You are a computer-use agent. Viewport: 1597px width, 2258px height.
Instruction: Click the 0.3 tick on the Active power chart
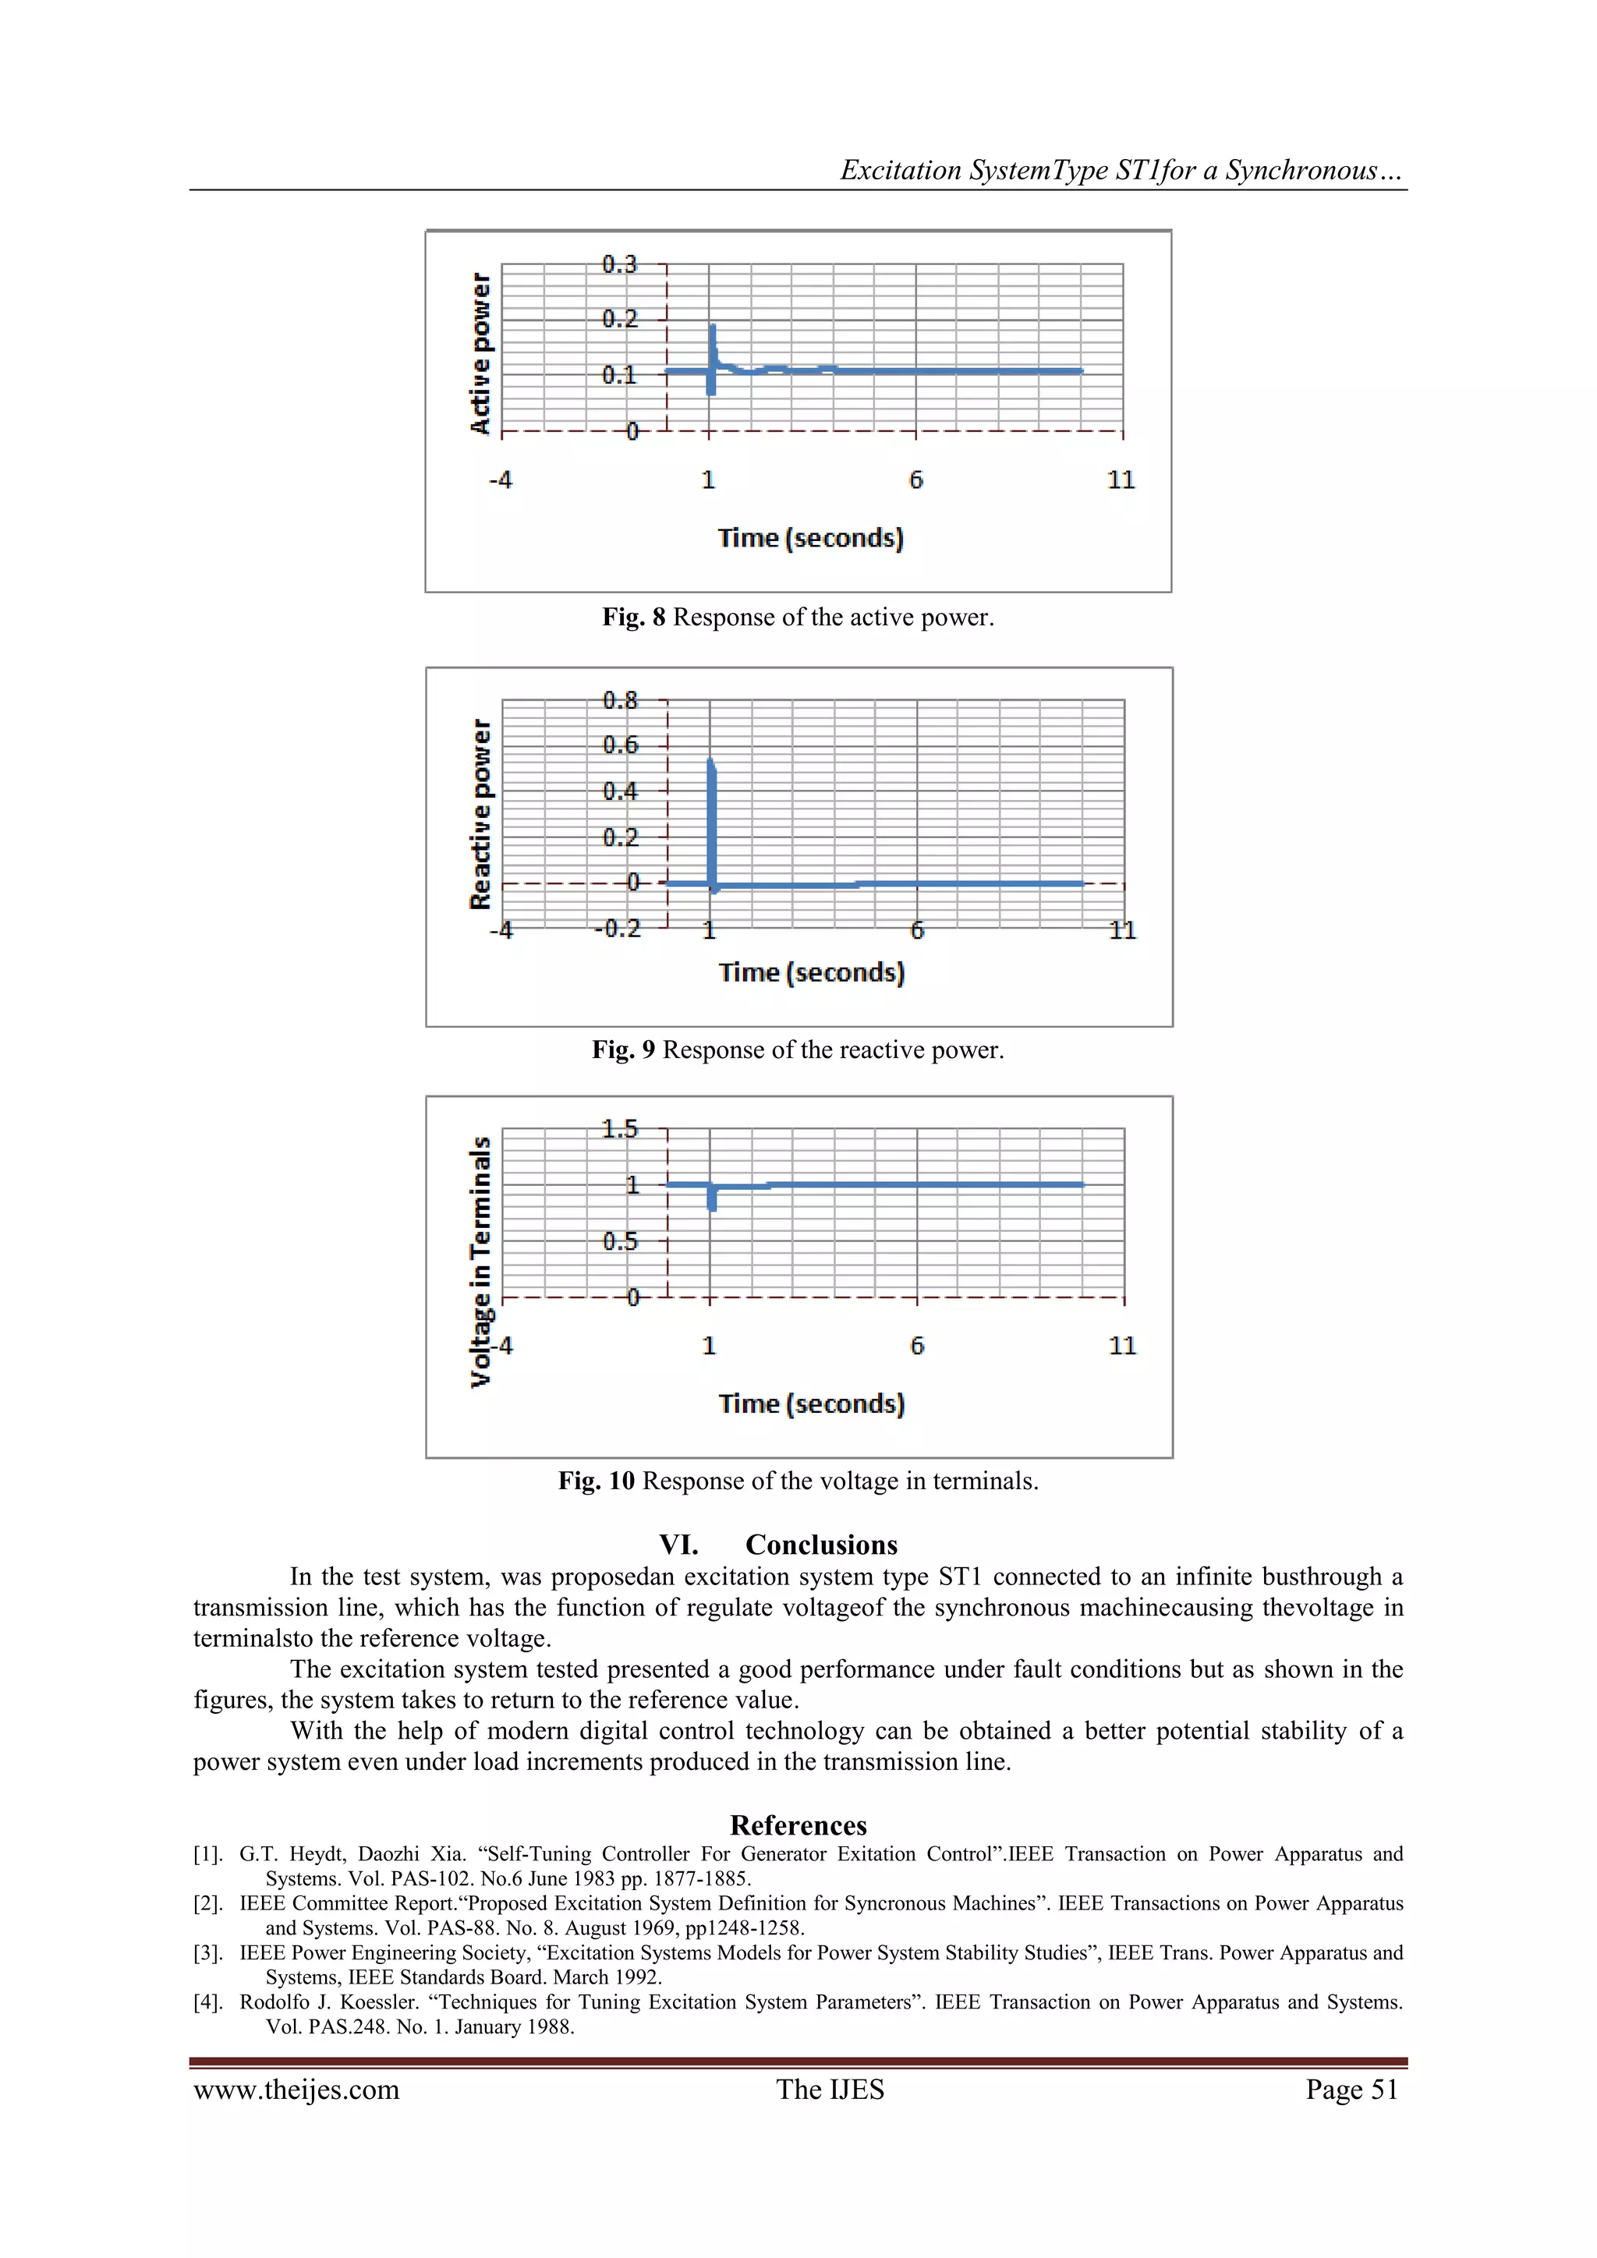pyautogui.click(x=619, y=264)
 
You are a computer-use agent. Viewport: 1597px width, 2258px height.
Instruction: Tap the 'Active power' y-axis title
pyautogui.click(x=480, y=353)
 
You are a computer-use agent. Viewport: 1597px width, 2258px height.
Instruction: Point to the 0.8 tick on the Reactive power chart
pyautogui.click(x=619, y=700)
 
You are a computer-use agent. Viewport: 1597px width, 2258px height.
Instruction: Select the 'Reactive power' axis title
pyautogui.click(x=480, y=814)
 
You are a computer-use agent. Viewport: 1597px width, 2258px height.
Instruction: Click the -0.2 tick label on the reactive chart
pyautogui.click(x=618, y=929)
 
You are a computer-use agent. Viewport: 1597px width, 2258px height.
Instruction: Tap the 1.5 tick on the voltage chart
pyautogui.click(x=619, y=1129)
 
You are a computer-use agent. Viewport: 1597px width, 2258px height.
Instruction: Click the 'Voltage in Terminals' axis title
pyautogui.click(x=480, y=1262)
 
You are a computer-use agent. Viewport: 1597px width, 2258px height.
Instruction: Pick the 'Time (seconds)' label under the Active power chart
pyautogui.click(x=810, y=538)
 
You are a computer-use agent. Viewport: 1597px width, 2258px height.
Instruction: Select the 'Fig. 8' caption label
pyautogui.click(x=633, y=618)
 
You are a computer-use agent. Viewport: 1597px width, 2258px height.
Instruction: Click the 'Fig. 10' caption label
pyautogui.click(x=596, y=1481)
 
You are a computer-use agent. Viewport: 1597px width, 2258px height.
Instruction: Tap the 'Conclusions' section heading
pyautogui.click(x=821, y=1545)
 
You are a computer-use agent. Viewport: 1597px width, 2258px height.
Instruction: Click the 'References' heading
pyautogui.click(x=798, y=1826)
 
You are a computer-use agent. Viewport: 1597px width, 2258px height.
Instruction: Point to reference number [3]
pyautogui.click(x=207, y=1953)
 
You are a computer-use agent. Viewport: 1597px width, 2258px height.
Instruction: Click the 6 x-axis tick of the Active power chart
pyautogui.click(x=915, y=480)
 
